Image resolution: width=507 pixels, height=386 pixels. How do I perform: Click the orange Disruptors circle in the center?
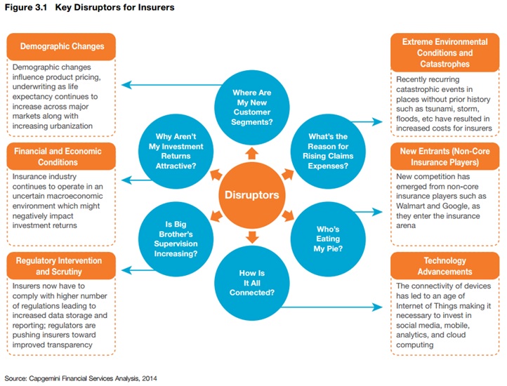tap(252, 195)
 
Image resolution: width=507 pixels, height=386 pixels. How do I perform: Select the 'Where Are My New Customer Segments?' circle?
tap(252, 107)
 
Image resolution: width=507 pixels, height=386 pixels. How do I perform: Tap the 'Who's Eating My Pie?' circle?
tap(328, 239)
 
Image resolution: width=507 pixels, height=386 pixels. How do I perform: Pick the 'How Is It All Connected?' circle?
tap(252, 283)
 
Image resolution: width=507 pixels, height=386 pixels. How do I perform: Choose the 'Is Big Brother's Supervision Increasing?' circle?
tap(176, 239)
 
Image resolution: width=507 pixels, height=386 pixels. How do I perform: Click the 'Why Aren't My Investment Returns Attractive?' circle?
tap(176, 152)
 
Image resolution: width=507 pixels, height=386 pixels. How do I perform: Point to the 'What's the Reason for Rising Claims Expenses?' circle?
tap(328, 152)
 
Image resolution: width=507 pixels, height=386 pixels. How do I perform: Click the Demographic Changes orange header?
tap(61, 46)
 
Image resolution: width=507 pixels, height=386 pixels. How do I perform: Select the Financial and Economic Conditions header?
tap(61, 157)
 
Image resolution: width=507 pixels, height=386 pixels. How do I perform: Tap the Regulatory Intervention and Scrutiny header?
tap(61, 266)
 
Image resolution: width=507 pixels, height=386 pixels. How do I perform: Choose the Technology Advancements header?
tap(445, 266)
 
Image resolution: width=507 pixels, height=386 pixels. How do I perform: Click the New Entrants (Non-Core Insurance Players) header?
tap(445, 157)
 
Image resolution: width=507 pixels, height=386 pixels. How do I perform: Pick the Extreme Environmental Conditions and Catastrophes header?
tap(445, 53)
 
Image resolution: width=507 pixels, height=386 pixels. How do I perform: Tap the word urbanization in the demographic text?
tap(72, 126)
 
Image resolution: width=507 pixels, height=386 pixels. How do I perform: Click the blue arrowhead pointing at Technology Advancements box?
tap(377, 307)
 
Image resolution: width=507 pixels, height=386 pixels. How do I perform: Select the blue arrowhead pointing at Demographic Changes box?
tap(126, 85)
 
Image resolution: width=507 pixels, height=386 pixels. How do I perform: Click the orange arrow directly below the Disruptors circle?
tap(252, 237)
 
